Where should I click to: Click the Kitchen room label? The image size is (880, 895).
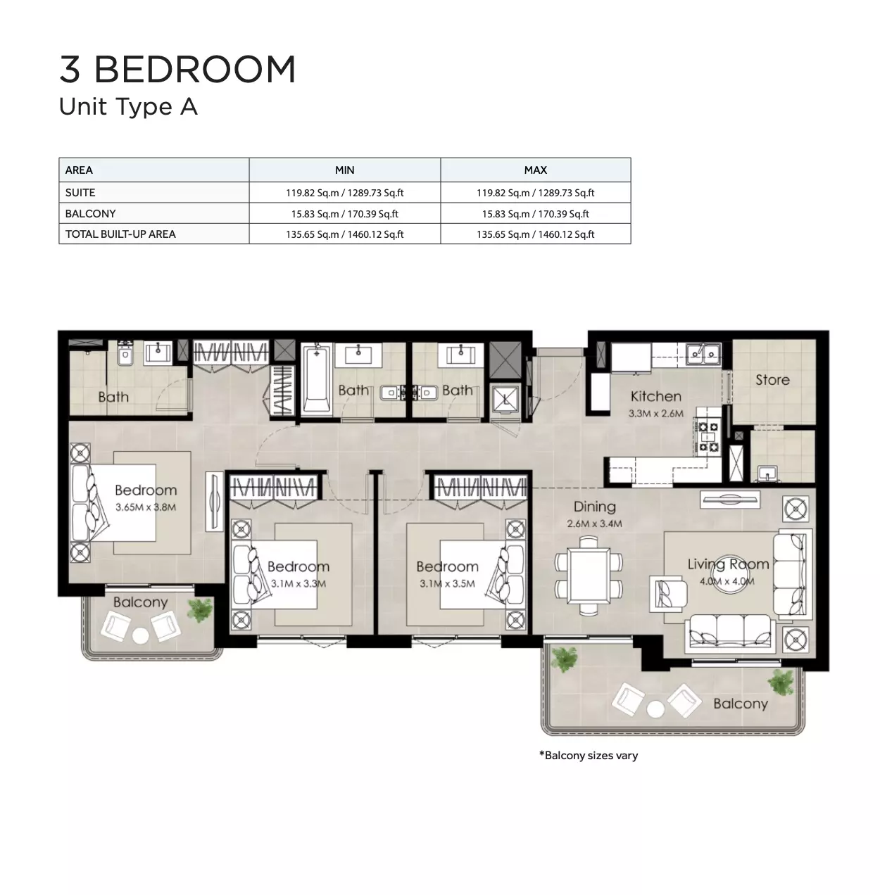coord(655,396)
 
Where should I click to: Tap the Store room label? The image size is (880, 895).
coord(772,380)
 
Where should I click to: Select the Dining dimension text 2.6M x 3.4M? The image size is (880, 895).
coord(594,523)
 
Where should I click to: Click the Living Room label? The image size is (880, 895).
coord(728,564)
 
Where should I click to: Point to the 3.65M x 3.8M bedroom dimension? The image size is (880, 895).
coord(146,507)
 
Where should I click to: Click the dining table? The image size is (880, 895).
coord(589,576)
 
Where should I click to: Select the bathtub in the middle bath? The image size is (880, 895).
coord(317,379)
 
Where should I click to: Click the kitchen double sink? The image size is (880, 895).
coord(703,355)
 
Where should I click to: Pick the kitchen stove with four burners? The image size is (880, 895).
coord(707,436)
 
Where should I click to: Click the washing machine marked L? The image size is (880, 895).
coord(505,399)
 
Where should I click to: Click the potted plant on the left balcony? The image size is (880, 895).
coord(201,610)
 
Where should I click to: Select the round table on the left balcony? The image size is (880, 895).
coord(140,636)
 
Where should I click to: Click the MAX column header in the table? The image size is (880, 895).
coord(535,170)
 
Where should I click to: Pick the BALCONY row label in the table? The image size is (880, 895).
coord(90,214)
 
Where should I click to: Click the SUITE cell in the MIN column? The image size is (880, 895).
coord(344,193)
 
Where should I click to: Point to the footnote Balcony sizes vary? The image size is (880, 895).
coord(588,756)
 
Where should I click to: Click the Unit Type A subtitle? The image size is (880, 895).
coord(128,107)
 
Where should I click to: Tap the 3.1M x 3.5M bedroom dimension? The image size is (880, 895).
coord(447,584)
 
